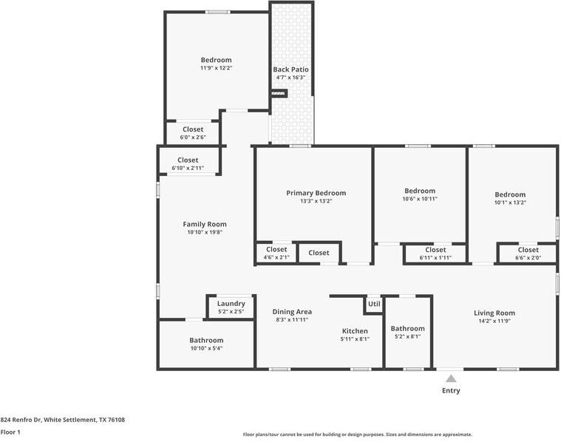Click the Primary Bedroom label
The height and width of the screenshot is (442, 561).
[316, 193]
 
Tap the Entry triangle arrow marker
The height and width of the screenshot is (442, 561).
[451, 378]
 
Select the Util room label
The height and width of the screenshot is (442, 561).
[374, 304]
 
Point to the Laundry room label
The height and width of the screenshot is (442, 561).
[231, 304]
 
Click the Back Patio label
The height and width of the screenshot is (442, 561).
[290, 69]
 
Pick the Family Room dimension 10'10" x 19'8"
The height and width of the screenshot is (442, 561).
[205, 232]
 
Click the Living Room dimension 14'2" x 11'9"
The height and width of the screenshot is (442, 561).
[494, 321]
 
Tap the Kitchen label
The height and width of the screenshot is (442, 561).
[355, 331]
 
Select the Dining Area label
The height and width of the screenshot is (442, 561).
[292, 312]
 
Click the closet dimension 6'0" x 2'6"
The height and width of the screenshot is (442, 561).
[193, 137]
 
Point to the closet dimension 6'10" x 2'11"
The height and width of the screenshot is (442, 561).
[188, 168]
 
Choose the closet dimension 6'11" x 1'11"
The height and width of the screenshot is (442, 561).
[435, 258]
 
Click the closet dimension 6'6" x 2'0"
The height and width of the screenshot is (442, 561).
[528, 258]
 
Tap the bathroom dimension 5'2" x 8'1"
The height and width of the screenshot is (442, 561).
[407, 336]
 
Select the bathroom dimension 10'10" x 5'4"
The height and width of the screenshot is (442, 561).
[206, 348]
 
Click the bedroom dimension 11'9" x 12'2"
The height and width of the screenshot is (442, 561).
[216, 68]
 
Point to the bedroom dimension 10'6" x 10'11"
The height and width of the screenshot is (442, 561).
[420, 199]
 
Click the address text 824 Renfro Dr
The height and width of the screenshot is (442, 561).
[21, 420]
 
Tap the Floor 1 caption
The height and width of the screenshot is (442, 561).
[10, 432]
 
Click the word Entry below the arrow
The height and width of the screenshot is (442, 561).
[451, 390]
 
